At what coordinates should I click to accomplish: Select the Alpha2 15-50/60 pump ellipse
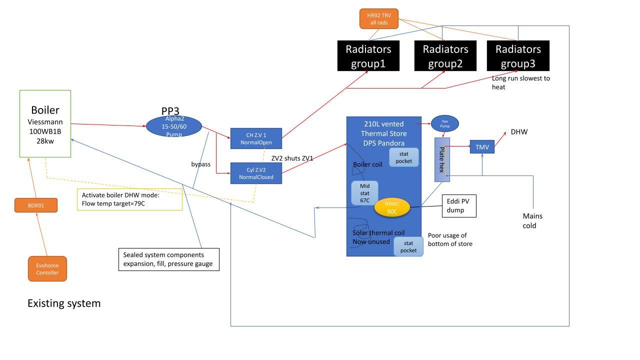tap(174, 126)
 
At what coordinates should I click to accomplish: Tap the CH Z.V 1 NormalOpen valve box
tap(256, 138)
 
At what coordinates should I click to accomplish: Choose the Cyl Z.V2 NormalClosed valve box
tap(256, 173)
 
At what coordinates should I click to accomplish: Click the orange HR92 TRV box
tap(379, 19)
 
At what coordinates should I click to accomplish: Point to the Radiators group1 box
tap(368, 55)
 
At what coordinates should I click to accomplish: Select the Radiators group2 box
tap(445, 55)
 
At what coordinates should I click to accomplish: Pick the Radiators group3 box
tap(518, 55)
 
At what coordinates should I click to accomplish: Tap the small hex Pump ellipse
tap(445, 123)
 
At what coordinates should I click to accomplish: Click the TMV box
tap(482, 147)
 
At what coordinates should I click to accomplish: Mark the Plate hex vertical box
tap(442, 159)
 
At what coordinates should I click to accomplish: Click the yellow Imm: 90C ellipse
tap(392, 207)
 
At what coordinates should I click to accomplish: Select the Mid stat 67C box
tap(364, 193)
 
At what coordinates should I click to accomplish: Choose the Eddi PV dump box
tap(459, 205)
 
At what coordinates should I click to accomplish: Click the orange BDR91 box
tap(36, 205)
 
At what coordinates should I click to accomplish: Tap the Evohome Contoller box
tap(47, 269)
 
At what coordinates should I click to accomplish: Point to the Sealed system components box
tap(169, 259)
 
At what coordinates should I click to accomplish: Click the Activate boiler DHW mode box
tap(129, 199)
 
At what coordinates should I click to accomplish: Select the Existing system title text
tap(64, 303)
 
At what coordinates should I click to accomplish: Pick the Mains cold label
tap(532, 220)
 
